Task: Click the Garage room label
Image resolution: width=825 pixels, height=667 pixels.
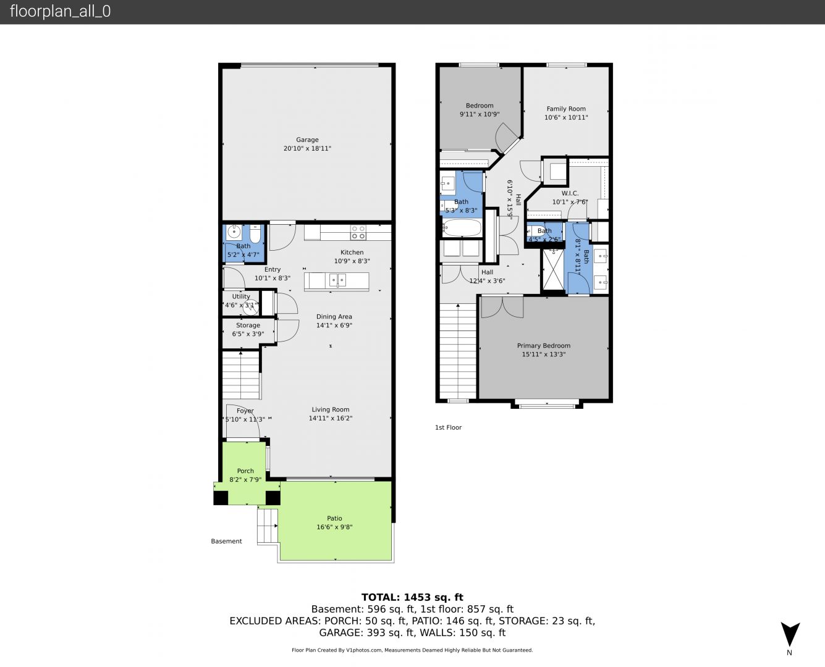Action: (x=307, y=140)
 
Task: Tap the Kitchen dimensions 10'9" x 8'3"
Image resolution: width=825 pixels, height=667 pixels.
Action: (x=352, y=261)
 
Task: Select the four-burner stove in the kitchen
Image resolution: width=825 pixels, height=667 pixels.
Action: (x=358, y=232)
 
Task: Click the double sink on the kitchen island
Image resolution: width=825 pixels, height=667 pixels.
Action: (x=337, y=280)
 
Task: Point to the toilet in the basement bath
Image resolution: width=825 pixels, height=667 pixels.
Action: (x=255, y=233)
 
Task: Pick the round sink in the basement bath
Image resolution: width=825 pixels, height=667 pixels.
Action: (x=234, y=232)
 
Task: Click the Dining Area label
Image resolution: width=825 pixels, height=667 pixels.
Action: (x=334, y=317)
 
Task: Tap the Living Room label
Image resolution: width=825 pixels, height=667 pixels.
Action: (x=331, y=409)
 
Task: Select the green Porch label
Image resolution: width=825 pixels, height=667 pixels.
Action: (x=245, y=471)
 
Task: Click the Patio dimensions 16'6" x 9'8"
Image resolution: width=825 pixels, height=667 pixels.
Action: (x=335, y=527)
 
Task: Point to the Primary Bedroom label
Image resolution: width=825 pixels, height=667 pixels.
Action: (x=544, y=346)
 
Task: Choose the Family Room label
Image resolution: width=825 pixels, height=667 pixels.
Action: (x=566, y=109)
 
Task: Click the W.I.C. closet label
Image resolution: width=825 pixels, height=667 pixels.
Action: (x=570, y=193)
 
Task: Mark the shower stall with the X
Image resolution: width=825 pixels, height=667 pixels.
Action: (x=553, y=269)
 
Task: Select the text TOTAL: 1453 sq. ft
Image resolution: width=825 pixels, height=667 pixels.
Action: (x=413, y=597)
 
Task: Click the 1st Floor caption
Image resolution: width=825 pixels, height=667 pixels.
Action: (x=448, y=427)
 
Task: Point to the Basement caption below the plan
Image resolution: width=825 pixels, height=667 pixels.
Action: (x=226, y=541)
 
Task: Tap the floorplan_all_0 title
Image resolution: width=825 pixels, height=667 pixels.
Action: (x=61, y=11)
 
